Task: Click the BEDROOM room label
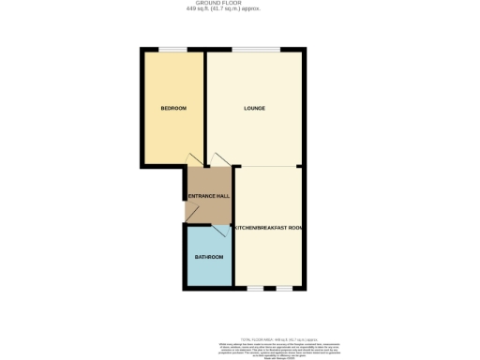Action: coord(173,109)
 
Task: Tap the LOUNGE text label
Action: coord(254,109)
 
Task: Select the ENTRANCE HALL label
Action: coord(208,195)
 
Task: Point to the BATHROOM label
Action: coord(208,257)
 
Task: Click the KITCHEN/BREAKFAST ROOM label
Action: coord(268,229)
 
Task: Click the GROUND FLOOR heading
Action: coord(239,4)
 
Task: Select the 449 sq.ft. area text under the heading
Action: coord(239,10)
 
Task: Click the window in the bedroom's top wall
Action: coord(172,50)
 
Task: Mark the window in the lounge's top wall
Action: coord(256,50)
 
